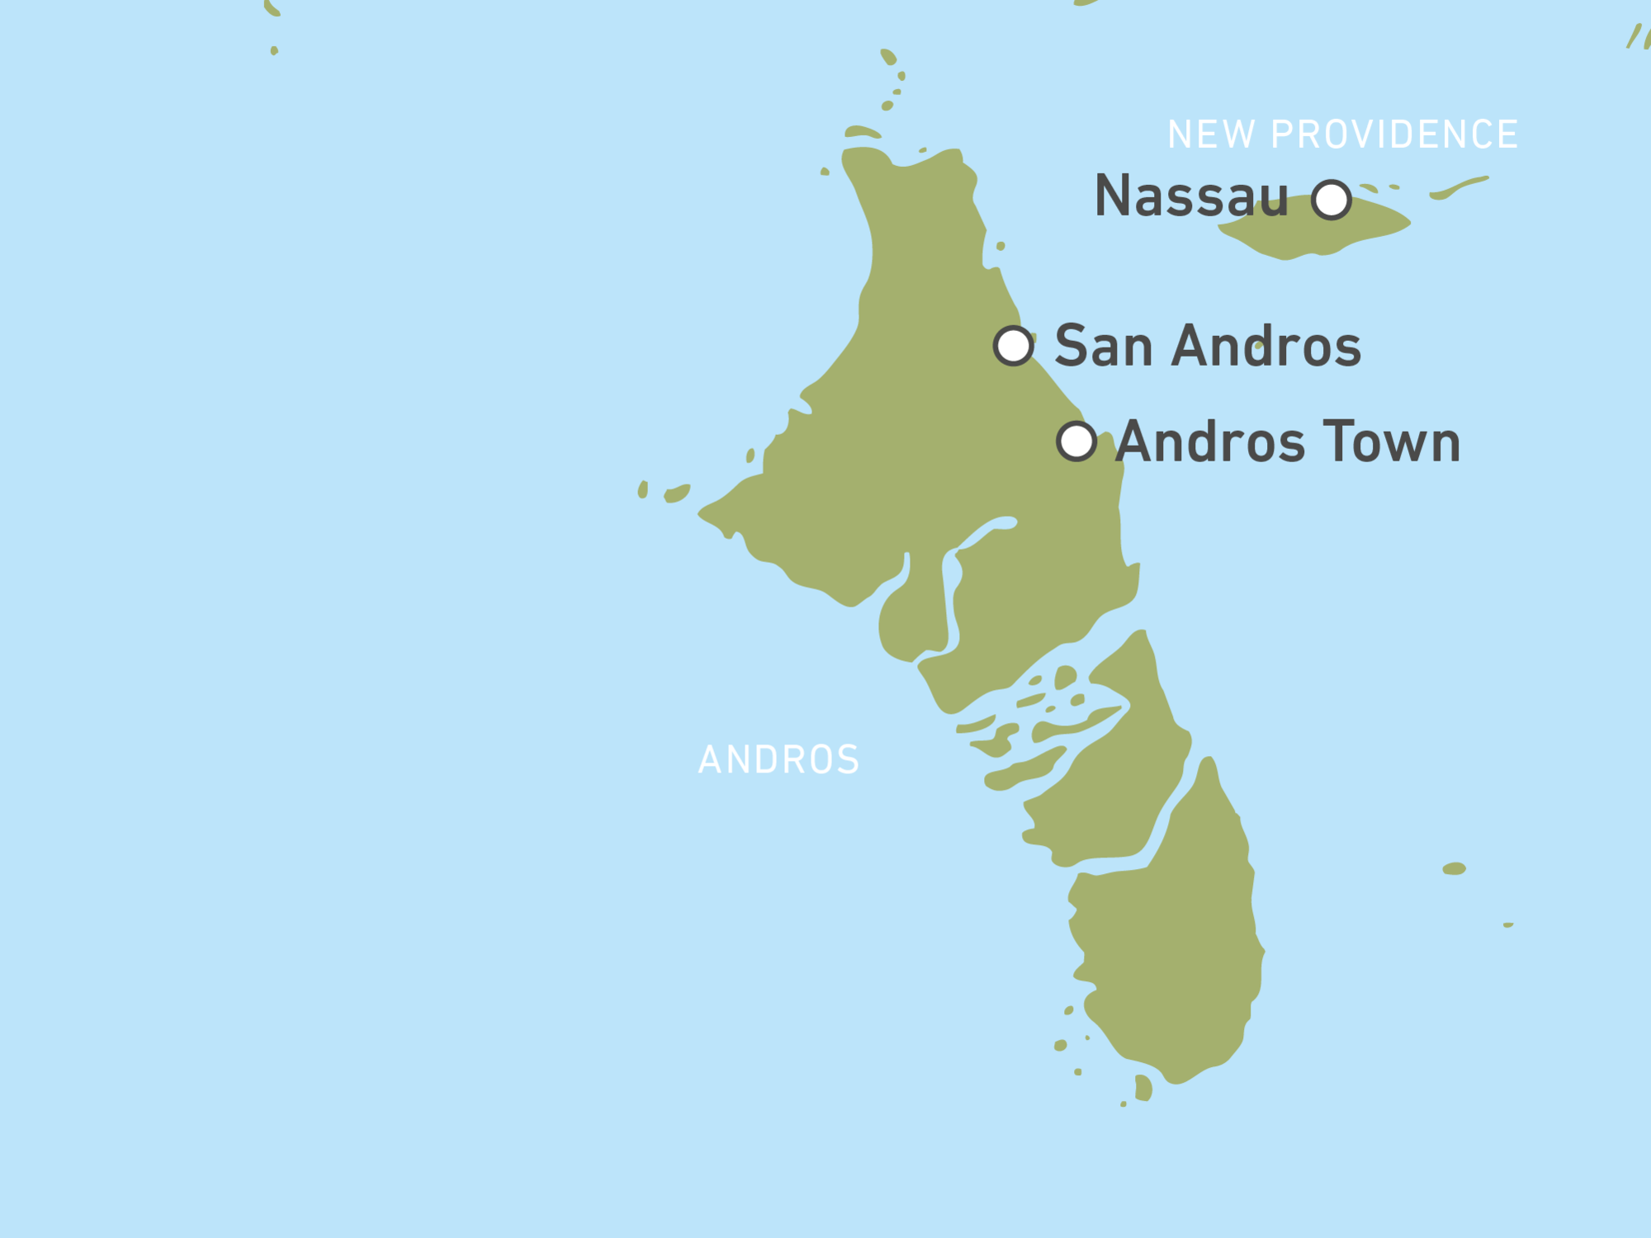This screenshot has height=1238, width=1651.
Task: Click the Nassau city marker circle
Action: coord(1332,200)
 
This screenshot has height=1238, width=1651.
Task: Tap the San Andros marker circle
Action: coord(1014,346)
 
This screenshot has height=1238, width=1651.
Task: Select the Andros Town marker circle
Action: coord(1076,442)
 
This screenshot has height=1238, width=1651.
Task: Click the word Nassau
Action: coord(1191,196)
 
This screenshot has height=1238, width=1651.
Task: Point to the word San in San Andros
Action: coord(1104,346)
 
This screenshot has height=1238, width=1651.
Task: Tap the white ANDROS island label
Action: coord(778,760)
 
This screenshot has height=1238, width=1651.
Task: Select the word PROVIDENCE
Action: coord(1394,135)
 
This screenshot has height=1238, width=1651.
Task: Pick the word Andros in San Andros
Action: coord(1266,346)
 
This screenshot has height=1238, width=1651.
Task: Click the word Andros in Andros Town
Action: coord(1211,442)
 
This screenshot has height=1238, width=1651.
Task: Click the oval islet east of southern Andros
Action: coord(1454,868)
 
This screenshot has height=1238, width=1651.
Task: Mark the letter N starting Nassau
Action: coord(1113,196)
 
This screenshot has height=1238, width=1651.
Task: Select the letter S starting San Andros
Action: coord(1072,346)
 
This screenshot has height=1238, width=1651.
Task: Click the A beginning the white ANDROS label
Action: coord(710,760)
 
